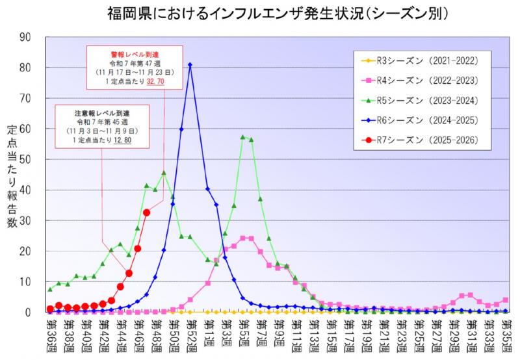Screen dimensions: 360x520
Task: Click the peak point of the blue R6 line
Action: (190, 64)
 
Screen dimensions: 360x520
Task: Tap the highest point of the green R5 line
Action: (242, 136)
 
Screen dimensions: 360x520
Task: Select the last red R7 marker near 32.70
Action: (147, 212)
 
